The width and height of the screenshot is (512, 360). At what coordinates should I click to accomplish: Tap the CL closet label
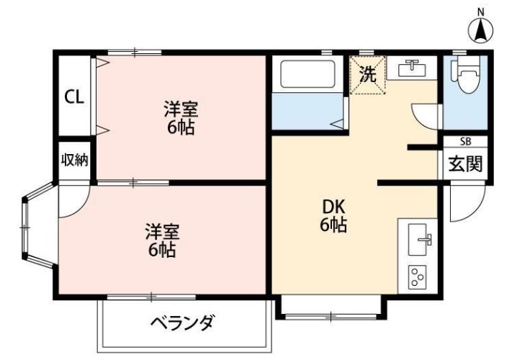click(73, 96)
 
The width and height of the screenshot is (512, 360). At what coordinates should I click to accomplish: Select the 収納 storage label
click(73, 160)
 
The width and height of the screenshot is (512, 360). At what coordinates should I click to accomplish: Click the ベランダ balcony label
click(182, 323)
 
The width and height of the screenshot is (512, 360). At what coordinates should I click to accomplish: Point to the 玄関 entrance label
click(465, 164)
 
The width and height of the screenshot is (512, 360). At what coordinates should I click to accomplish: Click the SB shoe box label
click(465, 142)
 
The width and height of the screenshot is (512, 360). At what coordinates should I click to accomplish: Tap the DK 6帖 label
click(333, 215)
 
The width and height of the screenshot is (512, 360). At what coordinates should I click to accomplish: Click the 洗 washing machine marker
click(367, 74)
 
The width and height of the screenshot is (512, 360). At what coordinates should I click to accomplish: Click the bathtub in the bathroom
click(307, 75)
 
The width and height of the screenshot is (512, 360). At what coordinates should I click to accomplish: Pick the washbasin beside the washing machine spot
click(412, 68)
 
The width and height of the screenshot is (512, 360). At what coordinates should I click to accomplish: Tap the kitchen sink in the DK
click(418, 239)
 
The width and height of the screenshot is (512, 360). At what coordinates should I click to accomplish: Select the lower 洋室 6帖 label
click(162, 241)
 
